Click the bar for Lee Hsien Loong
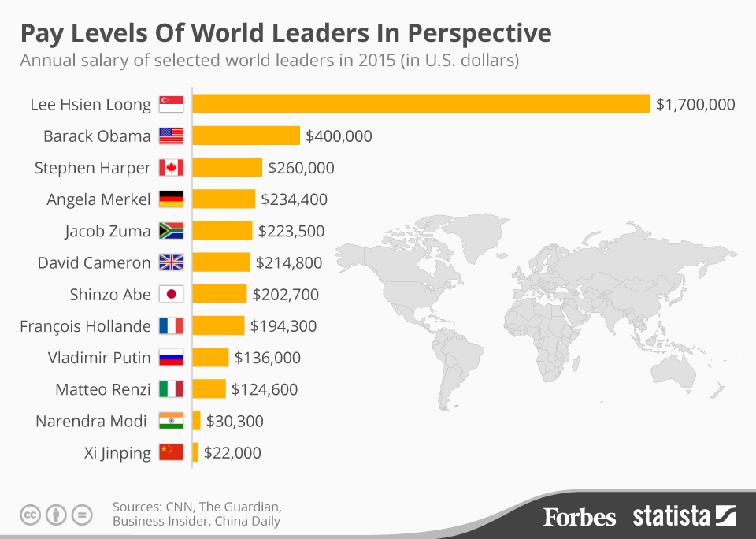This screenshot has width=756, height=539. [x=421, y=104]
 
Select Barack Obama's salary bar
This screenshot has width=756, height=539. [x=246, y=136]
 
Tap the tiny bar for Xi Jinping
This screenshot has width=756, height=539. [x=195, y=452]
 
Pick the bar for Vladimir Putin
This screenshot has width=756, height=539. [x=211, y=357]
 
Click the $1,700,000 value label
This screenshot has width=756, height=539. [x=695, y=104]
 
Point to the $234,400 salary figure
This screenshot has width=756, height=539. [x=294, y=199]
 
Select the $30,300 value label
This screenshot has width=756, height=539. [x=235, y=421]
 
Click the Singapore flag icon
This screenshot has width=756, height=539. [x=171, y=104]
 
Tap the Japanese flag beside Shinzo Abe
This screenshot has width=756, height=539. [x=171, y=294]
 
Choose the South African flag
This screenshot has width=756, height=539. [x=171, y=231]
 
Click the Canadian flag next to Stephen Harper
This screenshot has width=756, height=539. [x=171, y=168]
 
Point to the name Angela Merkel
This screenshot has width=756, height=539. [x=98, y=199]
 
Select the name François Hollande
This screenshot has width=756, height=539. [x=85, y=325]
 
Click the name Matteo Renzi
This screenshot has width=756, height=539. [x=103, y=389]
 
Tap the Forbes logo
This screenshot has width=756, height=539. [x=580, y=516]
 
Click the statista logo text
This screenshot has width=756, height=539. [x=672, y=516]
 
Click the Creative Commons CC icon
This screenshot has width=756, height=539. [x=31, y=515]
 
